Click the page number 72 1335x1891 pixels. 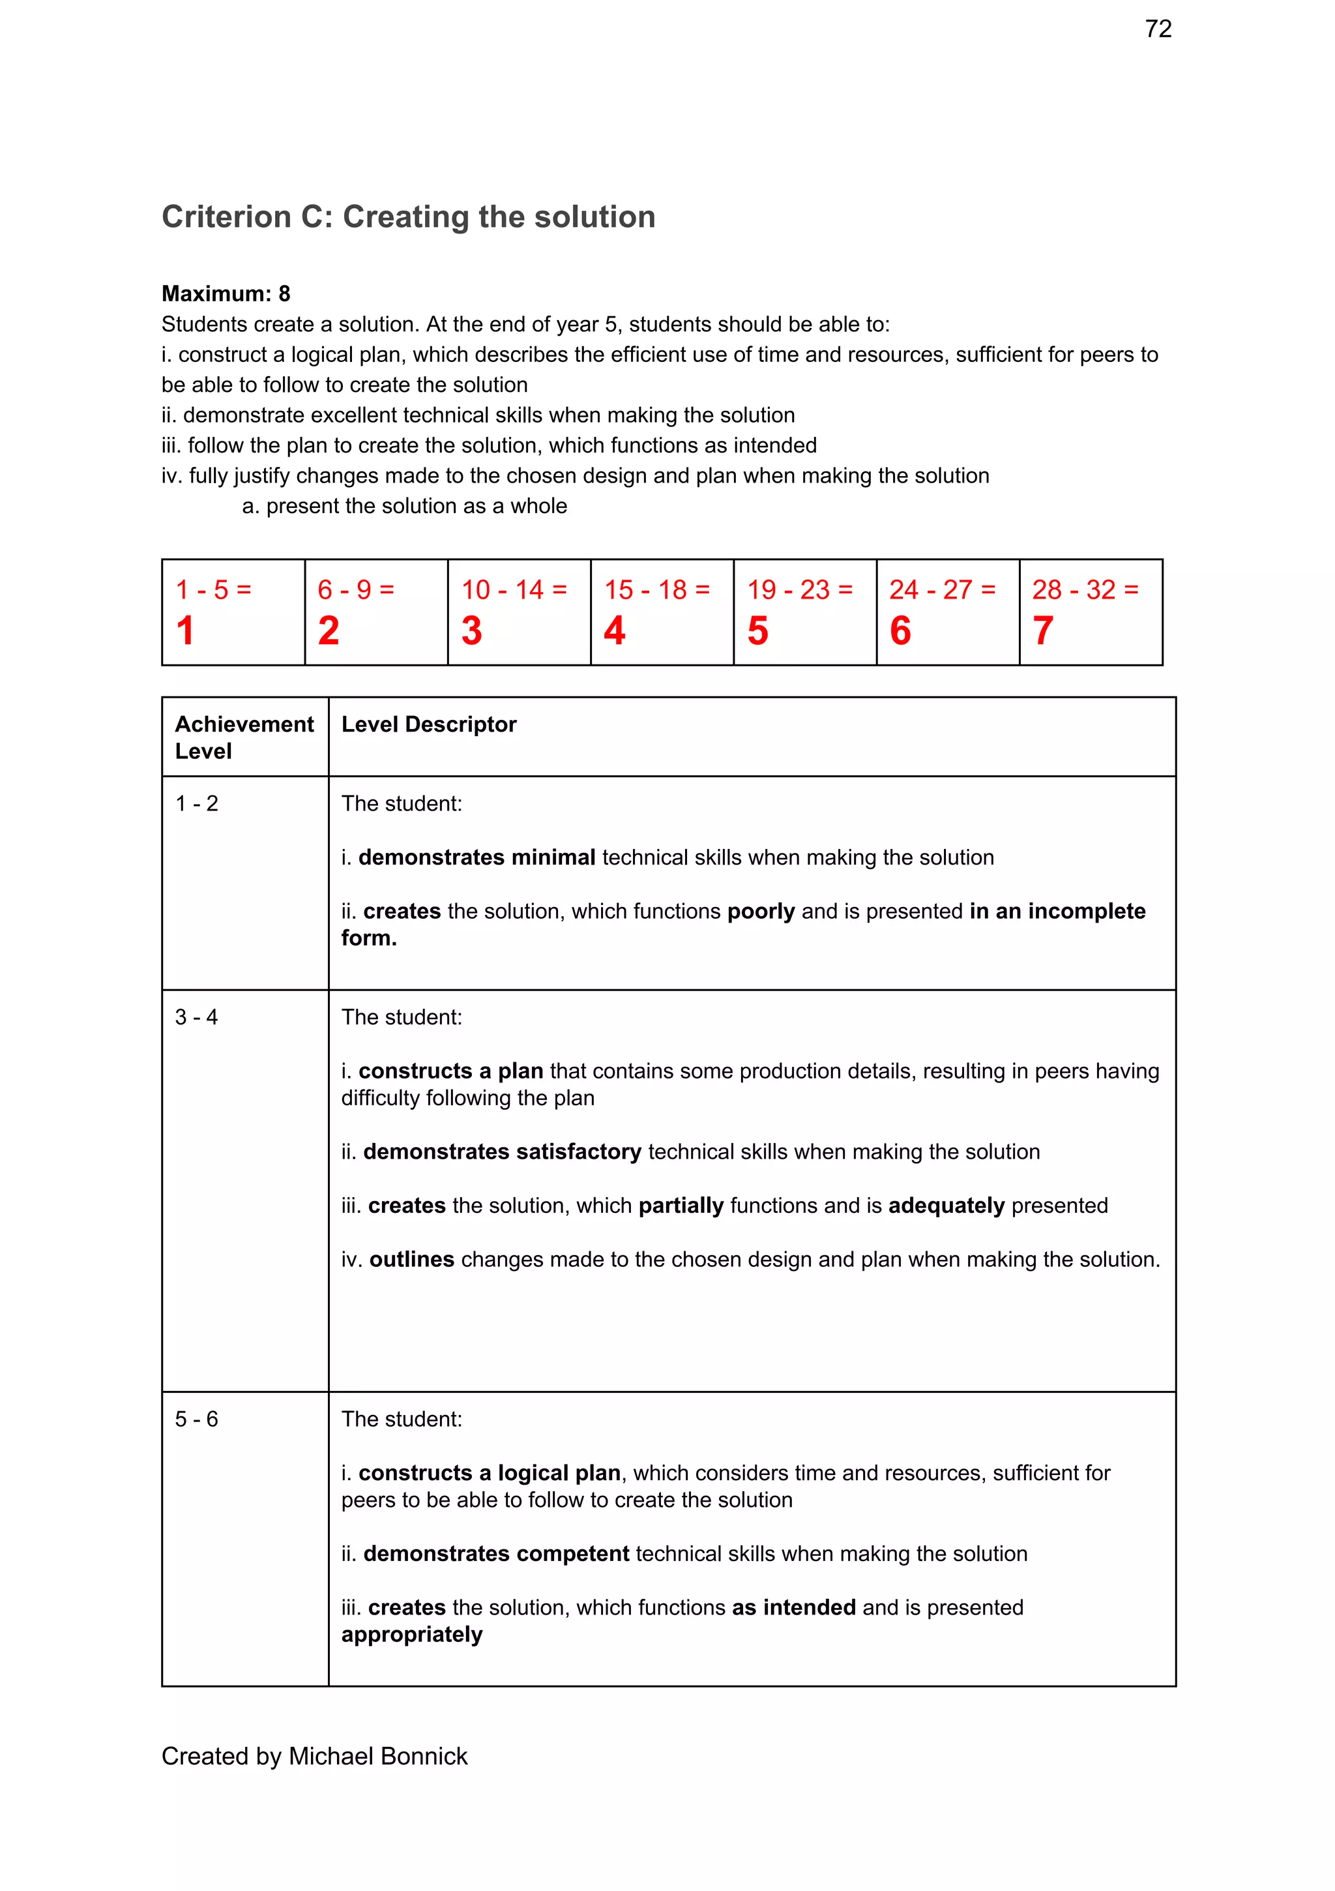click(1158, 29)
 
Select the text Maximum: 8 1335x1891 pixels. click(226, 294)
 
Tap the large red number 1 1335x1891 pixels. click(185, 631)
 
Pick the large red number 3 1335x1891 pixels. click(471, 631)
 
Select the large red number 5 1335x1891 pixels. click(757, 631)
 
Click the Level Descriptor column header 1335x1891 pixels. click(428, 724)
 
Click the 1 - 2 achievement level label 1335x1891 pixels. click(196, 804)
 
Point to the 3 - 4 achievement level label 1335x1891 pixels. click(196, 1017)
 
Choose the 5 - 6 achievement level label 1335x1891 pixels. click(196, 1419)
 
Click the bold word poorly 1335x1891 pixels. click(760, 912)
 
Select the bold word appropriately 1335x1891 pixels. click(412, 1635)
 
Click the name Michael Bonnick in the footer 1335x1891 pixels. click(378, 1757)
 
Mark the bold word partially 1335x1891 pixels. click(681, 1206)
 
